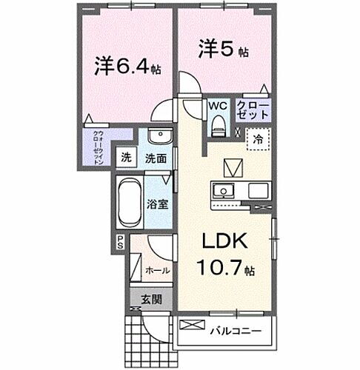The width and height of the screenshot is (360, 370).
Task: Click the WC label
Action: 218,106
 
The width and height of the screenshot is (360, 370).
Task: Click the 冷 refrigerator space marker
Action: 259,138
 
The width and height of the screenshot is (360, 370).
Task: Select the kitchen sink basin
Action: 222,192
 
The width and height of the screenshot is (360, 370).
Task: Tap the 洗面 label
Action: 155,158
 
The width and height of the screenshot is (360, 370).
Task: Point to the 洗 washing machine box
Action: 127,158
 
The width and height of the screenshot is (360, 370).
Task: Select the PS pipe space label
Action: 120,241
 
